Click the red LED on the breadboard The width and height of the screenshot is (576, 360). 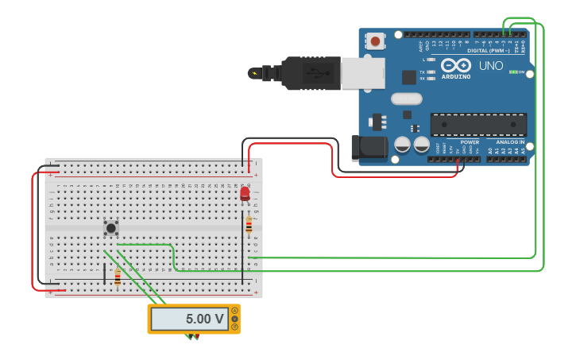245,193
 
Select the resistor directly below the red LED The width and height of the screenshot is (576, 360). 249,226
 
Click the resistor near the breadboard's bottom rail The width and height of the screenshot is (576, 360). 118,277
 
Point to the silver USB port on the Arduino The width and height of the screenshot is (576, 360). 364,73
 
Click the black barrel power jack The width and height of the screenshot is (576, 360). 368,148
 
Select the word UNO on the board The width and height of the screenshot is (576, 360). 491,66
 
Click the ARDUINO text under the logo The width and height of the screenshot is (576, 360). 456,76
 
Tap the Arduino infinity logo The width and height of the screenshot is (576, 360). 456,65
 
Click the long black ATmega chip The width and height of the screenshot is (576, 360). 478,125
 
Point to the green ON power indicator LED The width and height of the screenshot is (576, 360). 513,72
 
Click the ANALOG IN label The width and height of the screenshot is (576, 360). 510,142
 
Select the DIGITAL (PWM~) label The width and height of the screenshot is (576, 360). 488,51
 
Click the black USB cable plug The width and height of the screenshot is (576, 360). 310,73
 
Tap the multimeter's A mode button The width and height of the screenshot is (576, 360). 234,311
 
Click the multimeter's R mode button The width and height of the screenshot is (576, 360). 234,327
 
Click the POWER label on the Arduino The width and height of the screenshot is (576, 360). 470,142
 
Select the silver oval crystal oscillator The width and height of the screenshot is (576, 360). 406,99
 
